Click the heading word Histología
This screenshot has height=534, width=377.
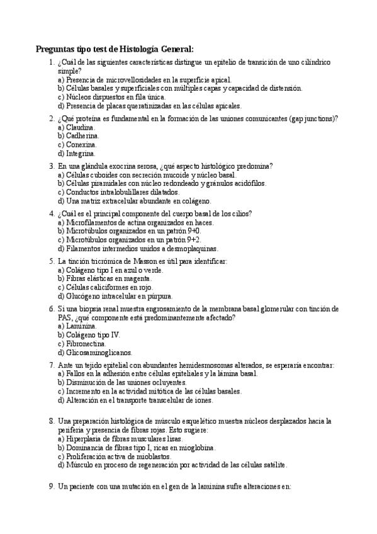click(x=138, y=49)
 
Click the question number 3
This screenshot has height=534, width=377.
click(x=51, y=166)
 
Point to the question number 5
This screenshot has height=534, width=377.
click(x=51, y=261)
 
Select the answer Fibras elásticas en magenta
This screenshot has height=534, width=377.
click(x=104, y=278)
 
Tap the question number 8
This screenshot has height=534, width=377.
click(x=51, y=421)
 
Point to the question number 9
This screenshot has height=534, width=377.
click(x=51, y=487)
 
